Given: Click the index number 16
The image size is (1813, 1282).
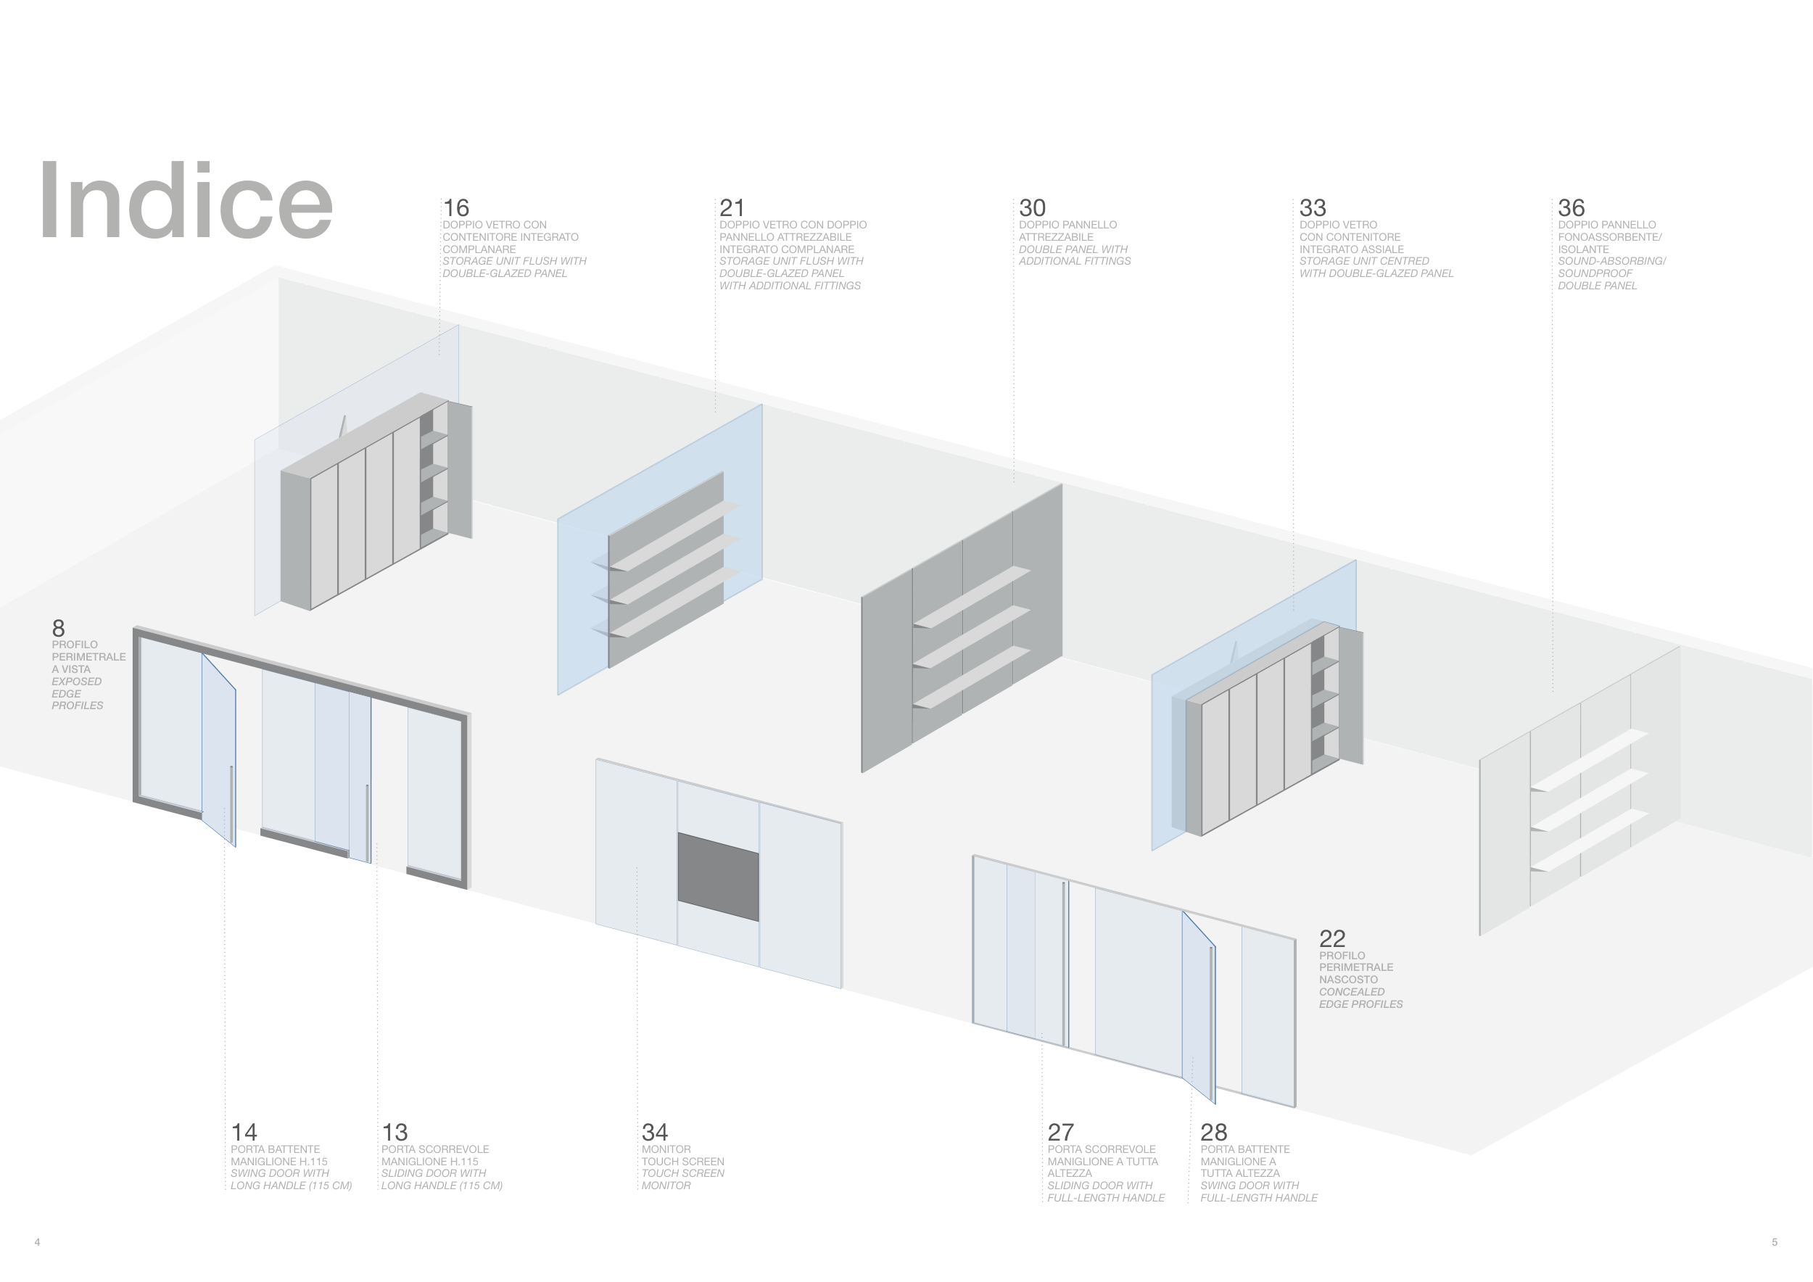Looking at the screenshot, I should click(x=455, y=207).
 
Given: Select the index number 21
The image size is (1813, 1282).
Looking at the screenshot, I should click(x=731, y=207).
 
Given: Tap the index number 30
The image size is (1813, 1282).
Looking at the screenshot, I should click(x=1031, y=207).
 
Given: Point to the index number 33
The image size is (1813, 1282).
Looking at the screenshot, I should click(x=1313, y=207).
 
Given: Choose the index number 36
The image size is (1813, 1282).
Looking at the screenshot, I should click(x=1571, y=207).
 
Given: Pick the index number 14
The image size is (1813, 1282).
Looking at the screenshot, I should click(x=244, y=1132).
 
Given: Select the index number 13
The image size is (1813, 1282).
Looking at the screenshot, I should click(x=394, y=1132).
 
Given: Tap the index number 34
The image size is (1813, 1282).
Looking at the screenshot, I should click(x=655, y=1132).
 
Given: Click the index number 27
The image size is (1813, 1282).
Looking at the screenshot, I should click(x=1060, y=1132).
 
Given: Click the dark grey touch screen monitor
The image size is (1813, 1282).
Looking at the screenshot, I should click(x=718, y=876).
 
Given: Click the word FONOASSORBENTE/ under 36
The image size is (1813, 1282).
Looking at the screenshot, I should click(x=1609, y=237).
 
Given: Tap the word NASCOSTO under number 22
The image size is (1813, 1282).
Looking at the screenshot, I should click(x=1348, y=980).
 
